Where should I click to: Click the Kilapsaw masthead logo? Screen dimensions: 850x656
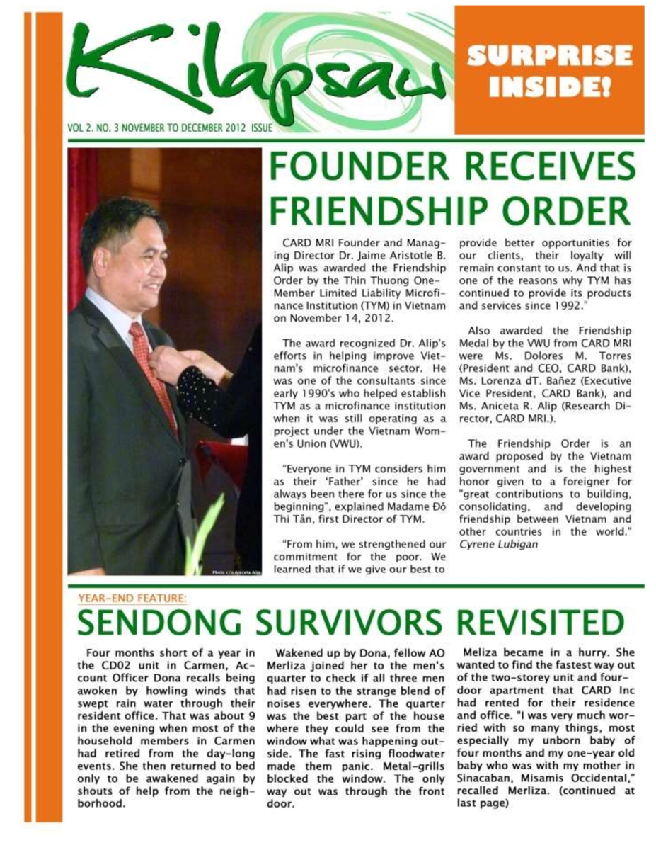[262, 71]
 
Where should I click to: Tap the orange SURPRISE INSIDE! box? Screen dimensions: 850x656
[549, 70]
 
